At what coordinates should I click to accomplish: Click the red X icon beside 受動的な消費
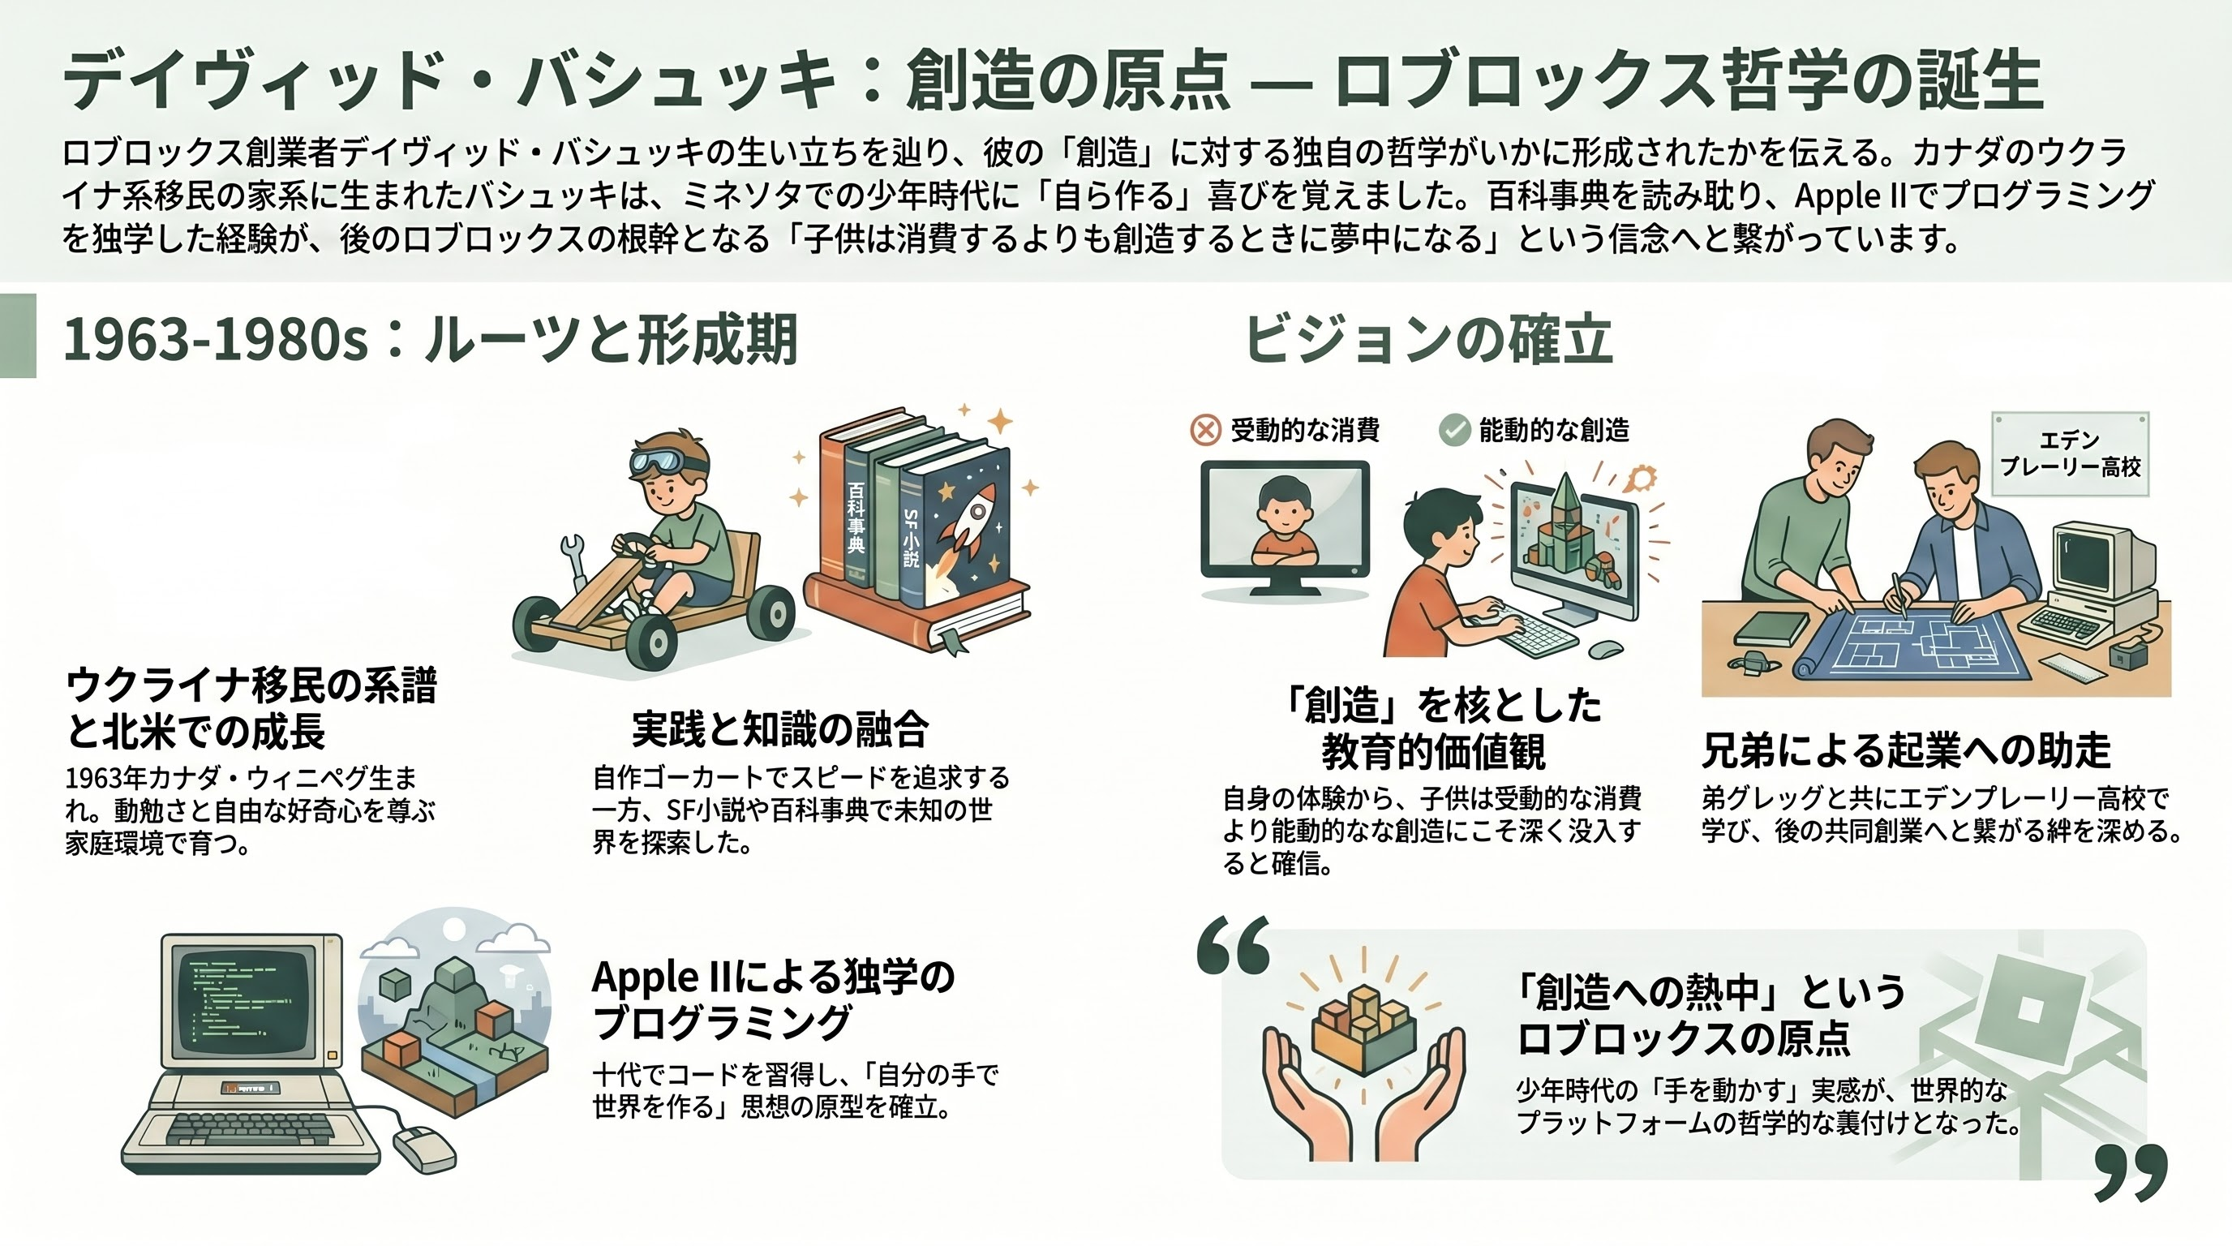[1205, 430]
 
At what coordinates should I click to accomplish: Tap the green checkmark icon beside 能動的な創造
[1455, 430]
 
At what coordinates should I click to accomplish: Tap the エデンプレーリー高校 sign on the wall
[2071, 454]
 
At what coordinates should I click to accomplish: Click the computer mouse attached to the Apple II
[424, 1149]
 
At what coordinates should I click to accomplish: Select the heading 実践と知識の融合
[779, 728]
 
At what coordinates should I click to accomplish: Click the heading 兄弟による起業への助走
[1906, 750]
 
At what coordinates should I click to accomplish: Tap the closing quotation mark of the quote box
[2131, 1172]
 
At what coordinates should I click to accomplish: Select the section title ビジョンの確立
[1429, 339]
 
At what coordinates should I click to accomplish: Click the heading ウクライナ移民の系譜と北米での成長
[251, 708]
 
